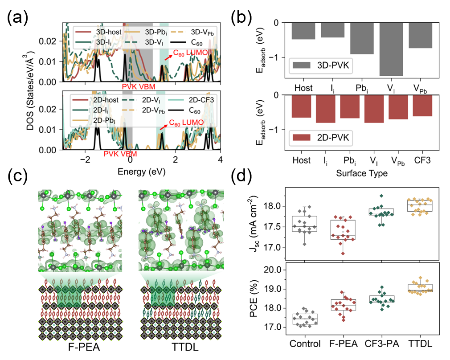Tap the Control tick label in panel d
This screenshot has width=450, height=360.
pyautogui.click(x=305, y=344)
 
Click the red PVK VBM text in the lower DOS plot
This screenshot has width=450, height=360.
pyautogui.click(x=120, y=154)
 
